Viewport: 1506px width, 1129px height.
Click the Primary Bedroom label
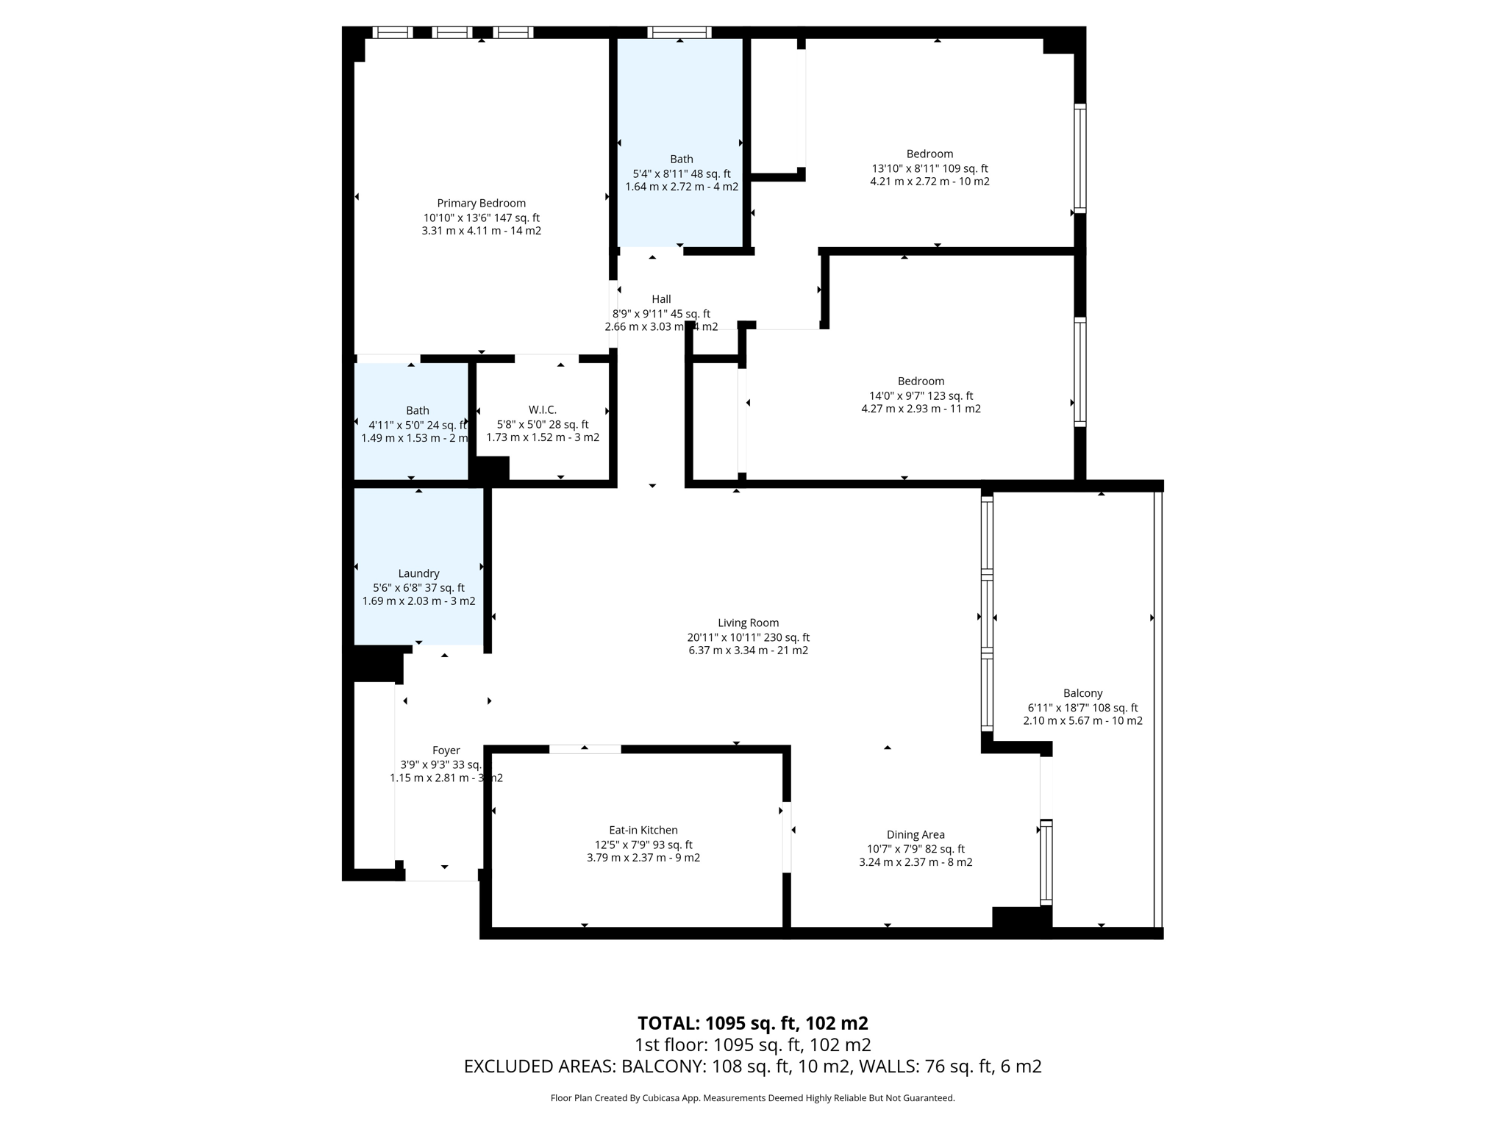click(x=481, y=204)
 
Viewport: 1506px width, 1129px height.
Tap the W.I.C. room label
click(x=542, y=410)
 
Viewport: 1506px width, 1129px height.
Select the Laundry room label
click(x=418, y=573)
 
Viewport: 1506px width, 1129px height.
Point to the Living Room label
click(x=748, y=623)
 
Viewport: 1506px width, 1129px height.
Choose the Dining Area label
click(x=915, y=834)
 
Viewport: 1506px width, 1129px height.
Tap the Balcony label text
click(x=1082, y=693)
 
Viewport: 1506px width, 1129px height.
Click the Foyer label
click(x=446, y=750)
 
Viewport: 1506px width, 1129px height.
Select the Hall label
click(x=661, y=299)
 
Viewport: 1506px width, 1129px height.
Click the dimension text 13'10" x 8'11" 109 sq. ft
click(x=929, y=168)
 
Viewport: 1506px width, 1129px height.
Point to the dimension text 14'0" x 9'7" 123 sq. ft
click(x=921, y=395)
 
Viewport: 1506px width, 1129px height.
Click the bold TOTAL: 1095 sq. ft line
click(x=752, y=1023)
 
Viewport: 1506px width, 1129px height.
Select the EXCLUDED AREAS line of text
click(x=752, y=1066)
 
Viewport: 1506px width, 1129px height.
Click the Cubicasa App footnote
click(x=752, y=1098)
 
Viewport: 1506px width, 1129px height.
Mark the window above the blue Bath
click(x=679, y=32)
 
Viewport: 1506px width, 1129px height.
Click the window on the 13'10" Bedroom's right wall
click(x=1079, y=158)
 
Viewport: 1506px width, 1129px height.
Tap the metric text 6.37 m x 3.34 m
click(x=748, y=650)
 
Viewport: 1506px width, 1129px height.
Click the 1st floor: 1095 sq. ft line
click(x=752, y=1044)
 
